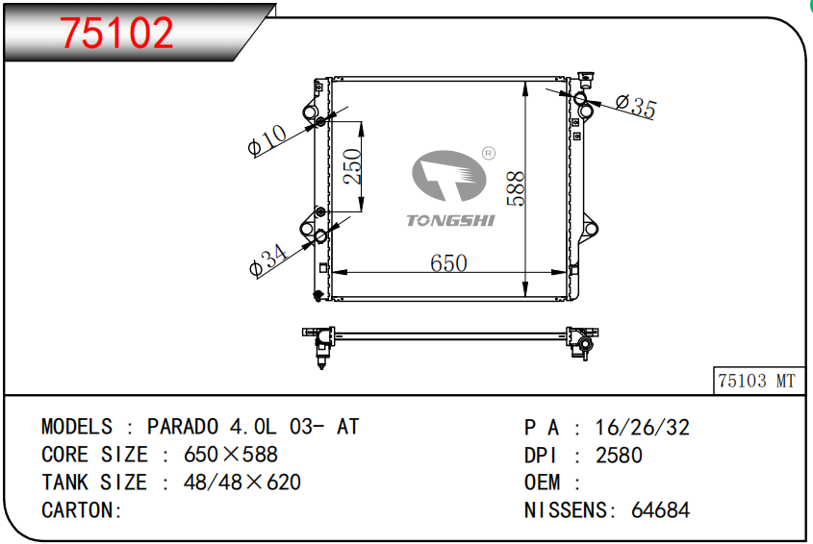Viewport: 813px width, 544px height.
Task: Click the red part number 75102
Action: (116, 33)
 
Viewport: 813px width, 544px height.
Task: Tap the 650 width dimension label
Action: (448, 263)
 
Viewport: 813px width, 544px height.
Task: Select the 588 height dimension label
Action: (516, 188)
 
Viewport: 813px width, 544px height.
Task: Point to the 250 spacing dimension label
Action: (352, 166)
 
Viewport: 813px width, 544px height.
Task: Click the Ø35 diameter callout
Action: (636, 106)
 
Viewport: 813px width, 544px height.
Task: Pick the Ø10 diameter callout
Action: (267, 140)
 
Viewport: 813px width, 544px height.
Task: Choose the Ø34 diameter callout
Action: (268, 260)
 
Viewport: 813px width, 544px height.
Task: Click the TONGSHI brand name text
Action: (450, 221)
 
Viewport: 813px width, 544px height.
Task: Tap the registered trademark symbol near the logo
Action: (489, 154)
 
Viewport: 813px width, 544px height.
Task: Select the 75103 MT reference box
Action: (758, 381)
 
